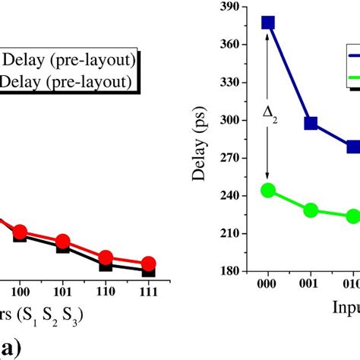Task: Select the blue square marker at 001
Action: click(x=311, y=123)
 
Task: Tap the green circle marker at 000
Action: click(x=267, y=190)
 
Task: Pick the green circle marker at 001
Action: click(x=311, y=210)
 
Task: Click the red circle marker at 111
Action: click(x=149, y=263)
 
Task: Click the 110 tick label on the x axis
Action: click(x=106, y=291)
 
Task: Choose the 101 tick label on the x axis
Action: click(x=63, y=291)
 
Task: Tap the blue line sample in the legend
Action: click(x=353, y=55)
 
